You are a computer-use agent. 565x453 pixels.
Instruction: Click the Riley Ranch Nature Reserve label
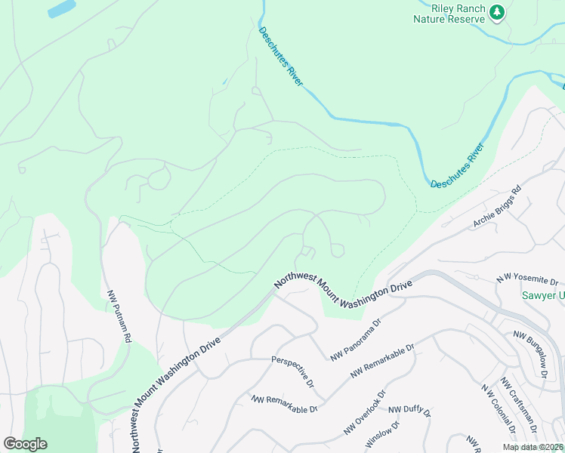tap(448, 13)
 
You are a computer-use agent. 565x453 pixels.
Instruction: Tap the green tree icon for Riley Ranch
tap(496, 11)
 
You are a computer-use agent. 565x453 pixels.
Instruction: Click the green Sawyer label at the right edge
tap(542, 296)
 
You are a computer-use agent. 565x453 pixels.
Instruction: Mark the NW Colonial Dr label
tap(498, 410)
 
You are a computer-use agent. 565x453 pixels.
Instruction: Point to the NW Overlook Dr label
tap(365, 412)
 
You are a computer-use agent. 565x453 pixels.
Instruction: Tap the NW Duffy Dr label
tap(409, 412)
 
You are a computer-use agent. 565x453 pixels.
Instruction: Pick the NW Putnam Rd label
tap(119, 317)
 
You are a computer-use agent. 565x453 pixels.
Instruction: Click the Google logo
tap(25, 443)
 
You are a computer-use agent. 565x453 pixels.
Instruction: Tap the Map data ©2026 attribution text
tap(533, 447)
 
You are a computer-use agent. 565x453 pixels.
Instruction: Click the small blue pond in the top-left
tap(61, 9)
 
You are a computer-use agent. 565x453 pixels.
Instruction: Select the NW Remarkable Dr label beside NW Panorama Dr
tap(384, 362)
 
